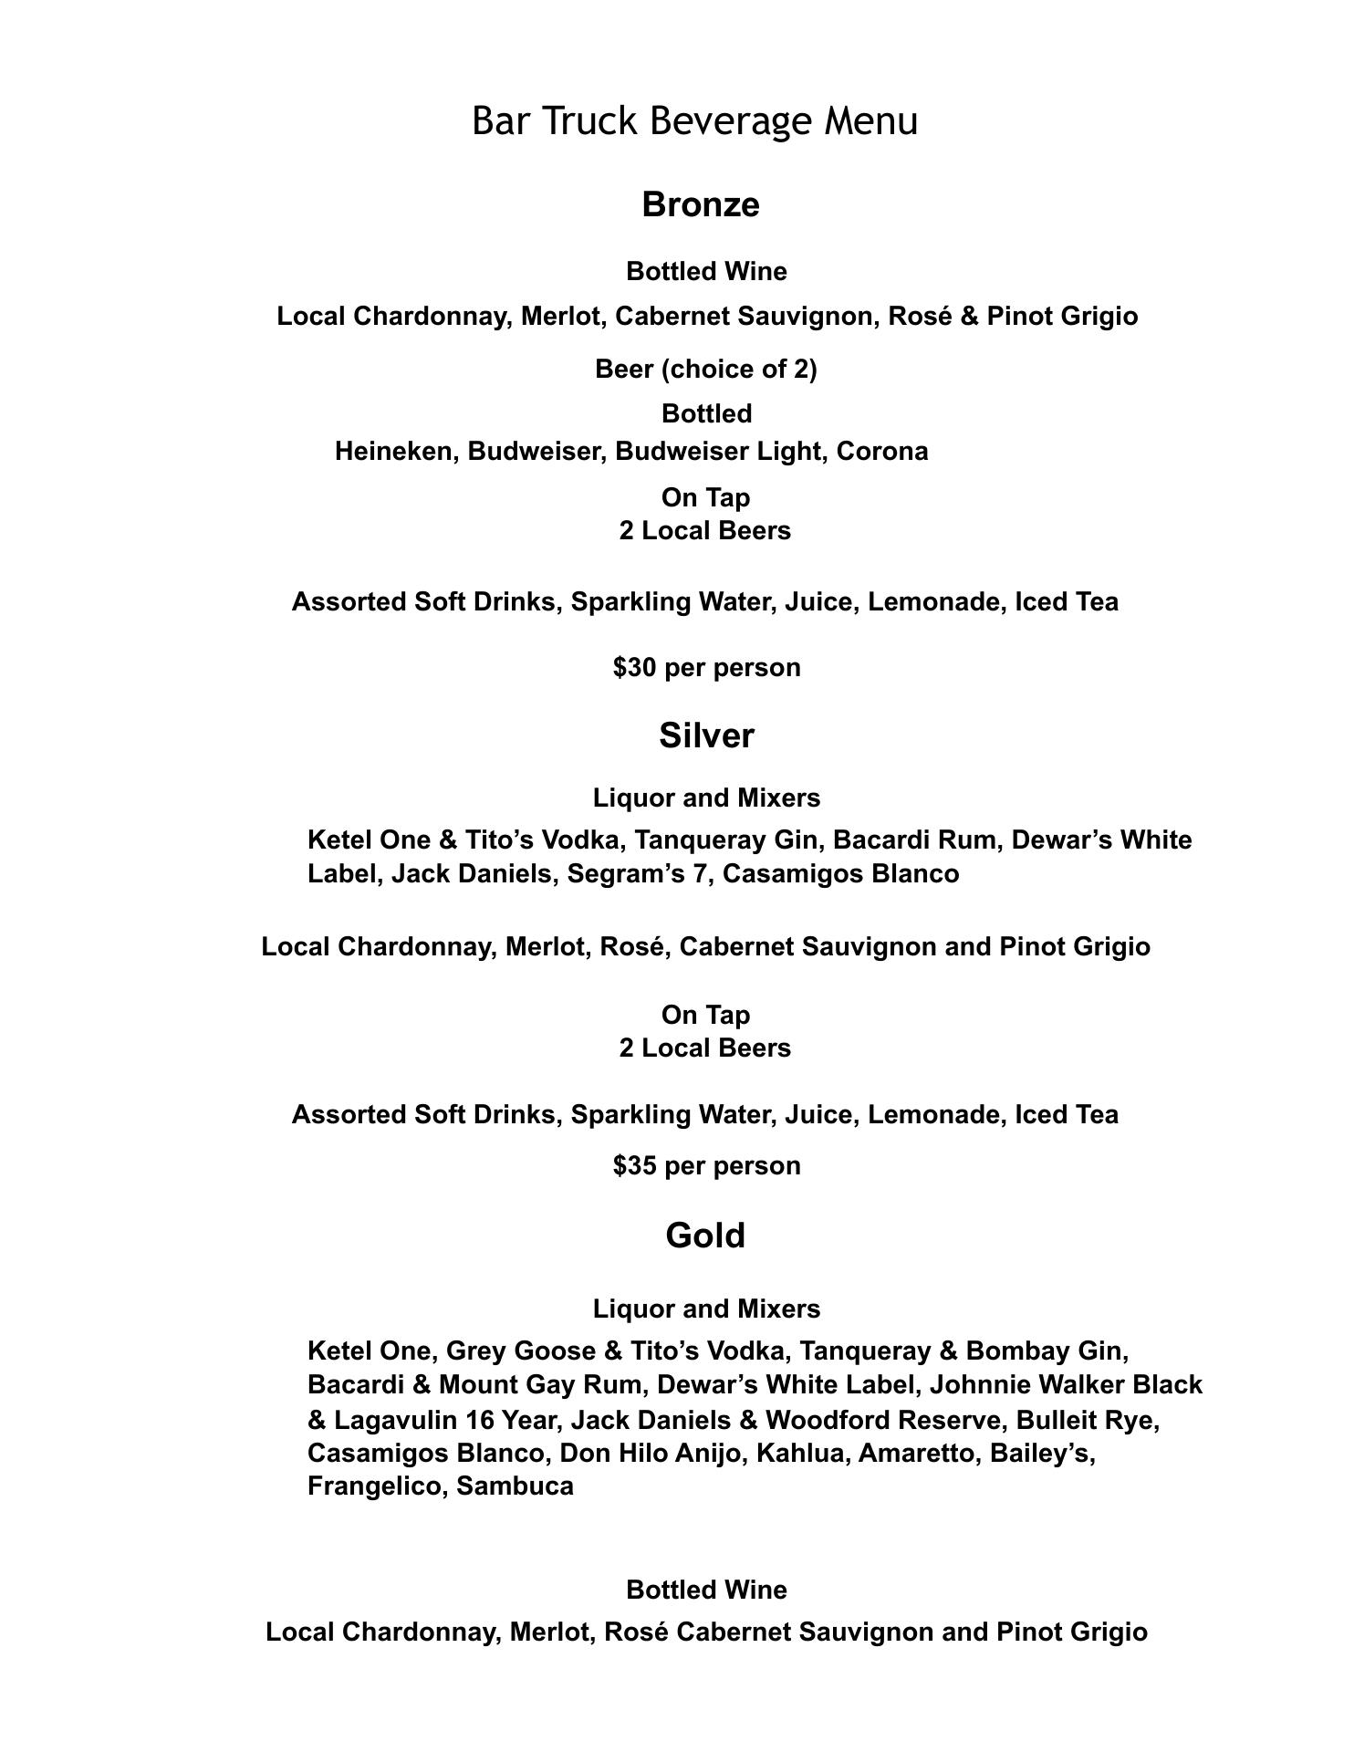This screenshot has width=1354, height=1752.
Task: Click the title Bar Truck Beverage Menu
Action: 694,121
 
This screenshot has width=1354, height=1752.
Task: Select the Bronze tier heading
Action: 700,204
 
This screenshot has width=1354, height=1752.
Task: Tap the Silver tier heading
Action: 706,735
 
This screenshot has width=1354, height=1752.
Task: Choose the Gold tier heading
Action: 705,1236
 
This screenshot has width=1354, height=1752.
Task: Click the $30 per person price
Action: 706,668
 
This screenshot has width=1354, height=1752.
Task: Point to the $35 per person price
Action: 706,1166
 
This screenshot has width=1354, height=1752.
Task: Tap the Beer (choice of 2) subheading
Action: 705,370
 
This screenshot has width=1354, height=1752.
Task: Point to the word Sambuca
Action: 515,1486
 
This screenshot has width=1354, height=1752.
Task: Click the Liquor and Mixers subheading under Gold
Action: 706,1309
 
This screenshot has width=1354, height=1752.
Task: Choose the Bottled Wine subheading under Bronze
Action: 706,272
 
